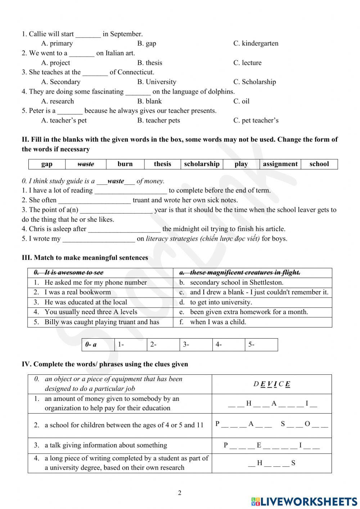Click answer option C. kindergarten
(x=256, y=44)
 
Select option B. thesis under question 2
(x=149, y=63)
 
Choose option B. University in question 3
(x=157, y=82)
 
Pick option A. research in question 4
(x=58, y=101)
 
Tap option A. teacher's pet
(x=64, y=120)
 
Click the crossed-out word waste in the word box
(x=86, y=164)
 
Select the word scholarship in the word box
(x=202, y=164)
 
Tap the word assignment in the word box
(x=280, y=164)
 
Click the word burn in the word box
(x=125, y=164)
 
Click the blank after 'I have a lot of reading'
(x=131, y=191)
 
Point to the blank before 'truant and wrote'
(x=94, y=201)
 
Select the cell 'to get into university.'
(x=221, y=302)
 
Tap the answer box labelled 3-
(x=196, y=345)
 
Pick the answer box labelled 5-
(x=261, y=345)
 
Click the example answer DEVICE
(x=272, y=384)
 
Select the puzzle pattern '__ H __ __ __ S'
(x=272, y=463)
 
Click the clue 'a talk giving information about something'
(x=105, y=445)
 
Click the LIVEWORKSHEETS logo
(x=304, y=501)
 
